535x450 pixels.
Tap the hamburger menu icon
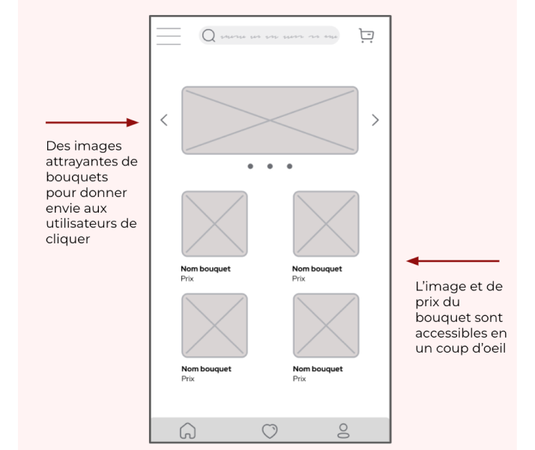tap(169, 36)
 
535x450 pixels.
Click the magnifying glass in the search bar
tap(209, 36)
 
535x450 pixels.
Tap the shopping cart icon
tap(366, 35)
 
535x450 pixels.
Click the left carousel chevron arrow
tap(164, 120)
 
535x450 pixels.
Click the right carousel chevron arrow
tap(375, 120)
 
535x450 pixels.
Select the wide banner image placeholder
tap(270, 121)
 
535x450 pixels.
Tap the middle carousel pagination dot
tap(270, 166)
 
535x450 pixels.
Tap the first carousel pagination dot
tap(250, 166)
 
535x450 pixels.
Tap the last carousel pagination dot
tap(289, 166)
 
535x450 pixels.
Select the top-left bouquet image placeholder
tap(214, 224)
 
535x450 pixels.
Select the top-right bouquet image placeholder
tap(326, 224)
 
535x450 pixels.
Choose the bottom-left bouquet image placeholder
tap(214, 326)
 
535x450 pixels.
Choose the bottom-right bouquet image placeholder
tap(326, 326)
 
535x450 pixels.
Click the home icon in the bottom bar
tap(187, 431)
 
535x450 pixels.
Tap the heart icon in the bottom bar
tap(270, 431)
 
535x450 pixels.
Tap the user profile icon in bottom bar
tap(343, 431)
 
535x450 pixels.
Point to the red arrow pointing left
tap(453, 261)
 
